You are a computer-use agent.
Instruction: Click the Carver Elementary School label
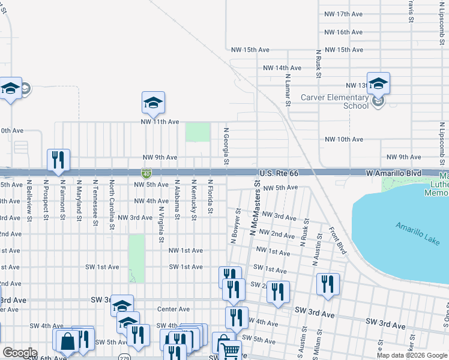[x=343, y=101]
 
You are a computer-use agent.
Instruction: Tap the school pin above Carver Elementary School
[x=378, y=83]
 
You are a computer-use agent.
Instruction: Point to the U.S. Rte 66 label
[x=279, y=173]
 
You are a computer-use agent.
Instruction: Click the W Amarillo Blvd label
[x=393, y=173]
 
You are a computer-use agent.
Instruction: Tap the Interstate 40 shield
[x=146, y=173]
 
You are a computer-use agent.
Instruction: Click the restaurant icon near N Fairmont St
[x=58, y=160]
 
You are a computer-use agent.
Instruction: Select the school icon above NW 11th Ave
[x=153, y=103]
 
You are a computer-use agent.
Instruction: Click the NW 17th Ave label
[x=343, y=14]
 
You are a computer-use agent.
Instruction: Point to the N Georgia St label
[x=226, y=146]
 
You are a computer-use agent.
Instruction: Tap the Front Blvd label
[x=337, y=240]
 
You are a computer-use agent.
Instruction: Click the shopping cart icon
[x=230, y=350]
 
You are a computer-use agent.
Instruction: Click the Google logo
[x=20, y=353]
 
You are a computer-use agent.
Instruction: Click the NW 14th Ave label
[x=279, y=68]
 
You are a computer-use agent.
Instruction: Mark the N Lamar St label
[x=288, y=90]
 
